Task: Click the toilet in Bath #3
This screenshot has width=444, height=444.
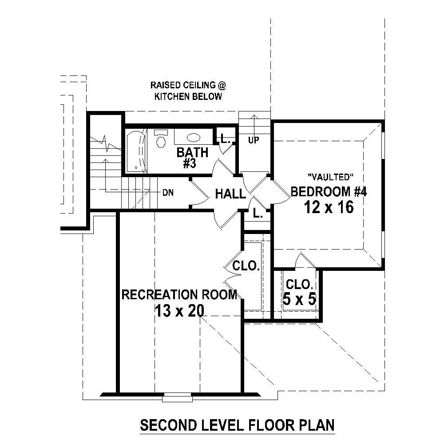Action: [161, 139]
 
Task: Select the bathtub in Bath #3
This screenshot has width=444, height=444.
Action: [136, 151]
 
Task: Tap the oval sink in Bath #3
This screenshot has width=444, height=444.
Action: [193, 137]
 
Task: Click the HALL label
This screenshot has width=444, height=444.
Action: [230, 194]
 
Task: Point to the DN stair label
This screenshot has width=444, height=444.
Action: [168, 193]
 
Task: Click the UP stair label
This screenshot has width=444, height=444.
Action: [254, 140]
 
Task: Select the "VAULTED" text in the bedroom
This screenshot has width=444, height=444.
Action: [329, 177]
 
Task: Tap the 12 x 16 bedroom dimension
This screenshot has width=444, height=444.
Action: [329, 207]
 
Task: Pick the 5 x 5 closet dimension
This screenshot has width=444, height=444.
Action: [299, 299]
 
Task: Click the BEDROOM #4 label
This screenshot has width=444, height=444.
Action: [329, 191]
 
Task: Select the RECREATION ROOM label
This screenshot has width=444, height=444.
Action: [179, 295]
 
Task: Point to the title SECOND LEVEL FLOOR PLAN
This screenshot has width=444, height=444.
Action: [237, 425]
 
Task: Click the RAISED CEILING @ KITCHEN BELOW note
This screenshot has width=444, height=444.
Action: [185, 91]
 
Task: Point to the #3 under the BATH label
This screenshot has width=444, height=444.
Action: [190, 163]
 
